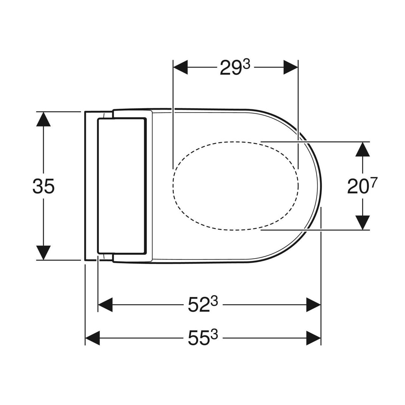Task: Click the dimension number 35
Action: [44, 186]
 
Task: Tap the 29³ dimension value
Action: [235, 67]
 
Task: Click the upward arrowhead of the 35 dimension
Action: [43, 119]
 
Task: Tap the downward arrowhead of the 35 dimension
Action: [43, 253]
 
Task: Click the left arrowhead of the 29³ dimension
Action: [180, 67]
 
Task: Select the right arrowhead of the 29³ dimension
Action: [291, 67]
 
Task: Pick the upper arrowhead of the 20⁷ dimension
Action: [362, 149]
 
